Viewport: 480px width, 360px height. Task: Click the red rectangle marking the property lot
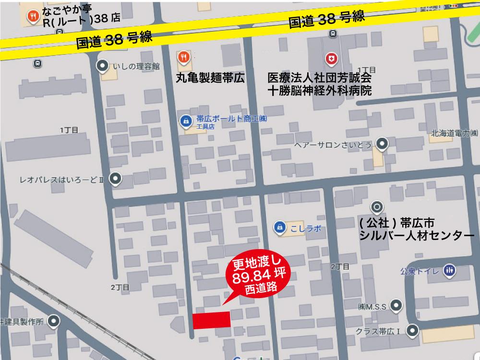tap(211, 320)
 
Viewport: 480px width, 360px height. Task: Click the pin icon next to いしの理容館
tap(102, 66)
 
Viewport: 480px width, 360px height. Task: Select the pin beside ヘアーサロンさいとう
tap(382, 143)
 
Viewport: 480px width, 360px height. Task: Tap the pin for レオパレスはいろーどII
tap(115, 180)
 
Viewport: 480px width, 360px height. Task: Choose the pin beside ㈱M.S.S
tap(396, 305)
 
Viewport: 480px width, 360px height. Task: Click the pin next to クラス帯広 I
tap(412, 330)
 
